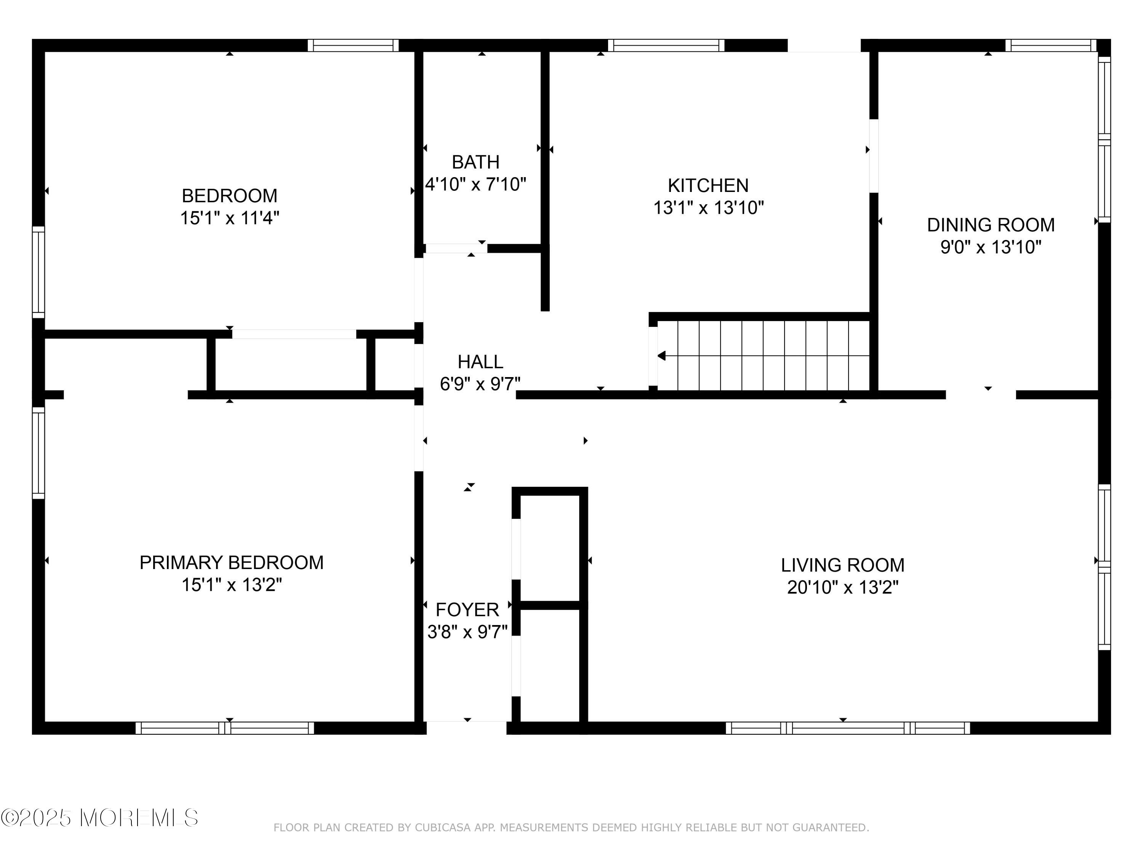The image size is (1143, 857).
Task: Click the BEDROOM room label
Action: click(229, 196)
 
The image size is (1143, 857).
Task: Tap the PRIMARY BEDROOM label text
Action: click(232, 563)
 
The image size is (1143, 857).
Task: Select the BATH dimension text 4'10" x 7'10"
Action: click(475, 184)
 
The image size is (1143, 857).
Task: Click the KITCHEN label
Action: click(708, 185)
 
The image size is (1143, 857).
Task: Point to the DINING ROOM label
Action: click(991, 225)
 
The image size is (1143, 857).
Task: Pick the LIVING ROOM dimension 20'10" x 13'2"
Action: click(843, 587)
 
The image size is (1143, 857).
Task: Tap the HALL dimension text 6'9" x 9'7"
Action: click(480, 384)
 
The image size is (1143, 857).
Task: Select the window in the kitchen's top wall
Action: click(666, 45)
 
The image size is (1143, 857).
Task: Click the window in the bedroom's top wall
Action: click(354, 45)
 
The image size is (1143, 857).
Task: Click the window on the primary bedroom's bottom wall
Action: click(225, 728)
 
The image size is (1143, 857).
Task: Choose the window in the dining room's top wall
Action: click(1051, 45)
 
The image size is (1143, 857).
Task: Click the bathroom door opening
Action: click(456, 248)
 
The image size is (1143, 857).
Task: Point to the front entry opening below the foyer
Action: click(467, 727)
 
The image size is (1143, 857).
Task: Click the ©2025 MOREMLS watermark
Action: click(100, 818)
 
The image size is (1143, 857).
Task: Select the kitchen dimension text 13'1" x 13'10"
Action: click(708, 208)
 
